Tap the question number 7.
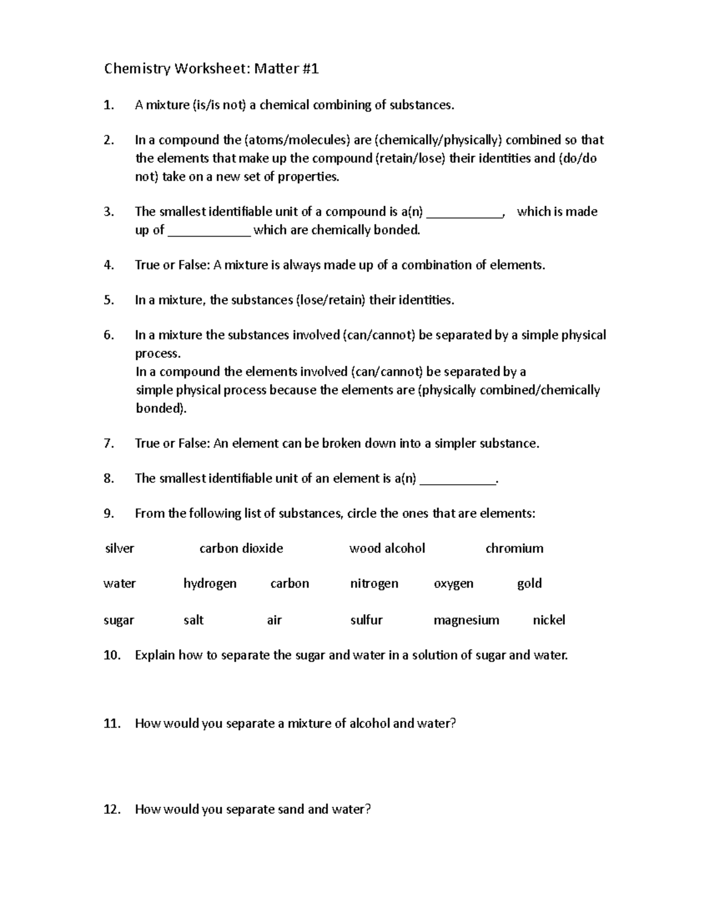tap(108, 443)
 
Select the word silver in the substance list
tap(119, 549)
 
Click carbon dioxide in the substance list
tap(241, 549)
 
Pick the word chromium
tap(514, 549)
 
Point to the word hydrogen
tap(210, 583)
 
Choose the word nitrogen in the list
tap(374, 583)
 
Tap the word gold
tap(529, 583)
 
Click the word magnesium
tap(466, 620)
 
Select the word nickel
tap(549, 620)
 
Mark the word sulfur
tap(366, 620)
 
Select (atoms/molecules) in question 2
tap(296, 140)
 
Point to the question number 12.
tap(111, 810)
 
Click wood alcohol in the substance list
tap(387, 549)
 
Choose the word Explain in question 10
tap(155, 655)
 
